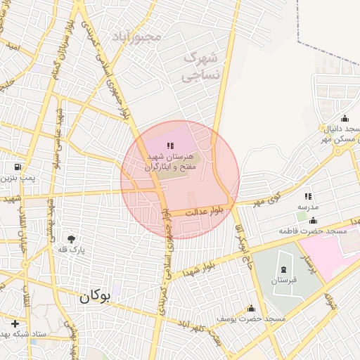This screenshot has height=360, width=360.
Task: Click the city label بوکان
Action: [x=96, y=297]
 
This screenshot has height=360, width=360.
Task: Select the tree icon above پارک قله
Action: [x=70, y=238]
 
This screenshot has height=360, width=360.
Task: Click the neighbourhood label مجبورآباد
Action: [x=136, y=35]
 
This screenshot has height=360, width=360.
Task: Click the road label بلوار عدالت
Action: [x=208, y=210]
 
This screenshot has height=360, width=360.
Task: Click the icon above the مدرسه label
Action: [x=307, y=196]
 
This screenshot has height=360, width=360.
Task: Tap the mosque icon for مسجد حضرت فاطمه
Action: [x=312, y=220]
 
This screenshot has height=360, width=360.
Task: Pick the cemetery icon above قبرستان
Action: [x=283, y=269]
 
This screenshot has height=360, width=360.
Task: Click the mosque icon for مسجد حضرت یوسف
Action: [x=252, y=308]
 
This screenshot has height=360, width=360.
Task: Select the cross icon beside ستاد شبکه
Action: [x=15, y=323]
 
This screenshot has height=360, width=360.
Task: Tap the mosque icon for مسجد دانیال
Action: [x=345, y=118]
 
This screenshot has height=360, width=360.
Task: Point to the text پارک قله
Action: [x=70, y=250]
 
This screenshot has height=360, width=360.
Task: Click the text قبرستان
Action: [x=283, y=281]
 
